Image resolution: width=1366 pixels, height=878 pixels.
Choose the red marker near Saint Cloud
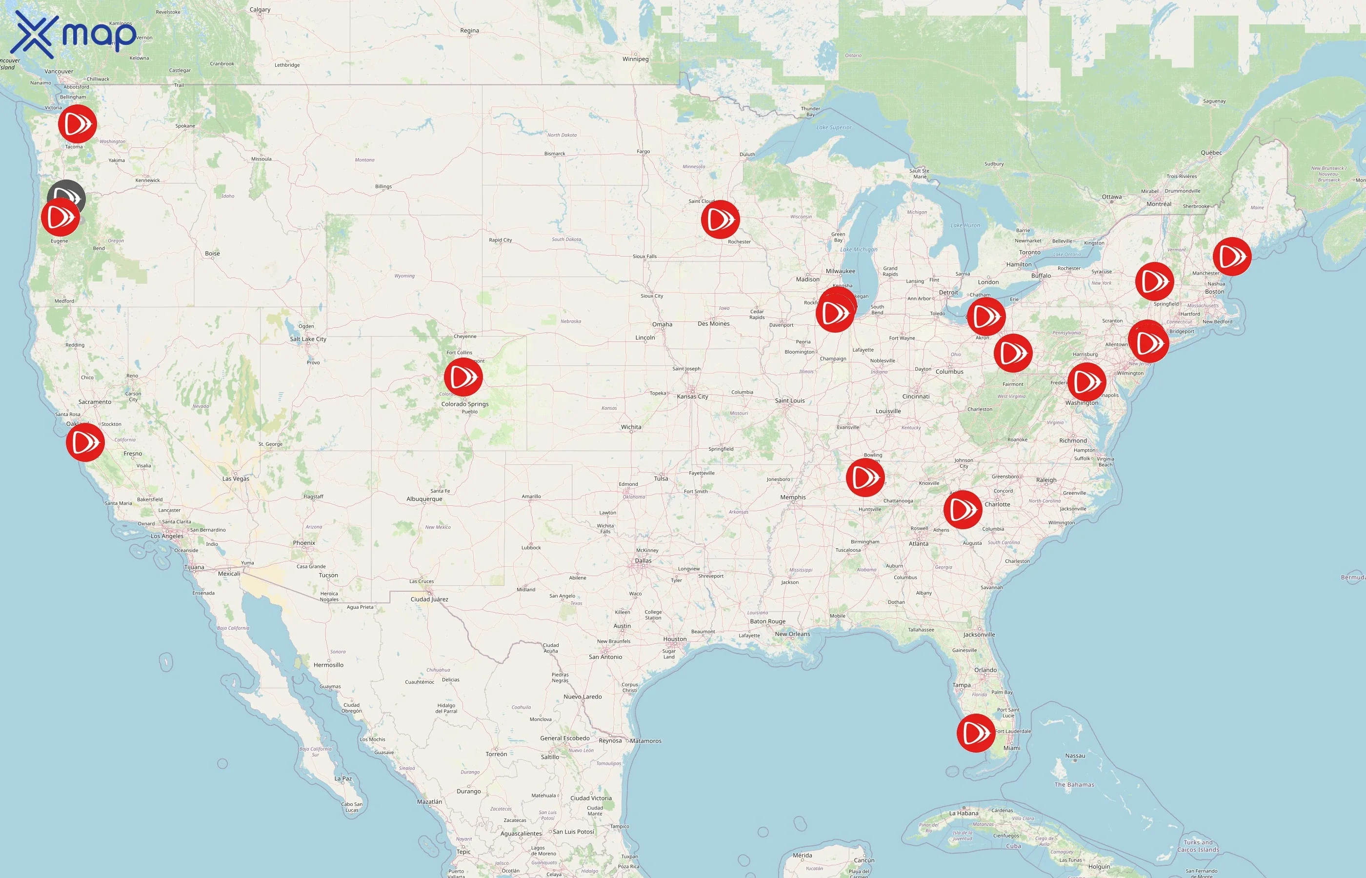(x=721, y=219)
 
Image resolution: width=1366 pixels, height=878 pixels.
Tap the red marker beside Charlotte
(x=963, y=509)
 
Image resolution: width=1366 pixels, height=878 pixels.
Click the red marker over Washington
(x=1086, y=381)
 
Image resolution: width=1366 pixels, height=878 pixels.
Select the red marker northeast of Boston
(x=1232, y=257)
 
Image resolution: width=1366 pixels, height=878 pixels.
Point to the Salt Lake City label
(x=308, y=339)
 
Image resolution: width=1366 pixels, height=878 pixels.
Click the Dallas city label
(x=643, y=560)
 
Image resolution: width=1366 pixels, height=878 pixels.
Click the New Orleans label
(x=792, y=634)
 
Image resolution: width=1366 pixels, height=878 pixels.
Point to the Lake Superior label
(x=834, y=127)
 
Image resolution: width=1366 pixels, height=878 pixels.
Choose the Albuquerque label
(x=424, y=499)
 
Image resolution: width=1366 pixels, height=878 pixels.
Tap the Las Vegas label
(x=236, y=479)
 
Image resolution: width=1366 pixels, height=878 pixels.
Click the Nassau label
(x=1075, y=756)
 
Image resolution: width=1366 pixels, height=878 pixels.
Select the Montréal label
(x=1159, y=203)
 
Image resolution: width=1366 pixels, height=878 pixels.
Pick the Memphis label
(x=793, y=497)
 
